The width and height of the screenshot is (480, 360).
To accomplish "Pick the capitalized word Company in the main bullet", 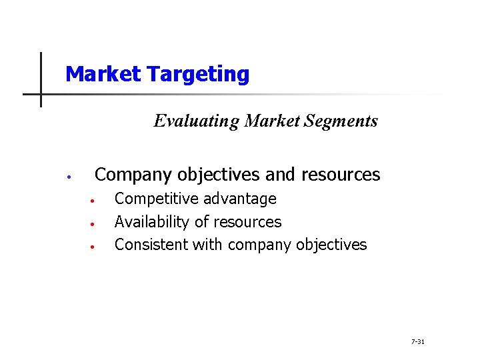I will pyautogui.click(x=133, y=175).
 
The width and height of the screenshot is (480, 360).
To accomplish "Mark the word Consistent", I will pyautogui.click(x=151, y=244).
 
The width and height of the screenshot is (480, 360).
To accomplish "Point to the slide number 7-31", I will pyautogui.click(x=418, y=341).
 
